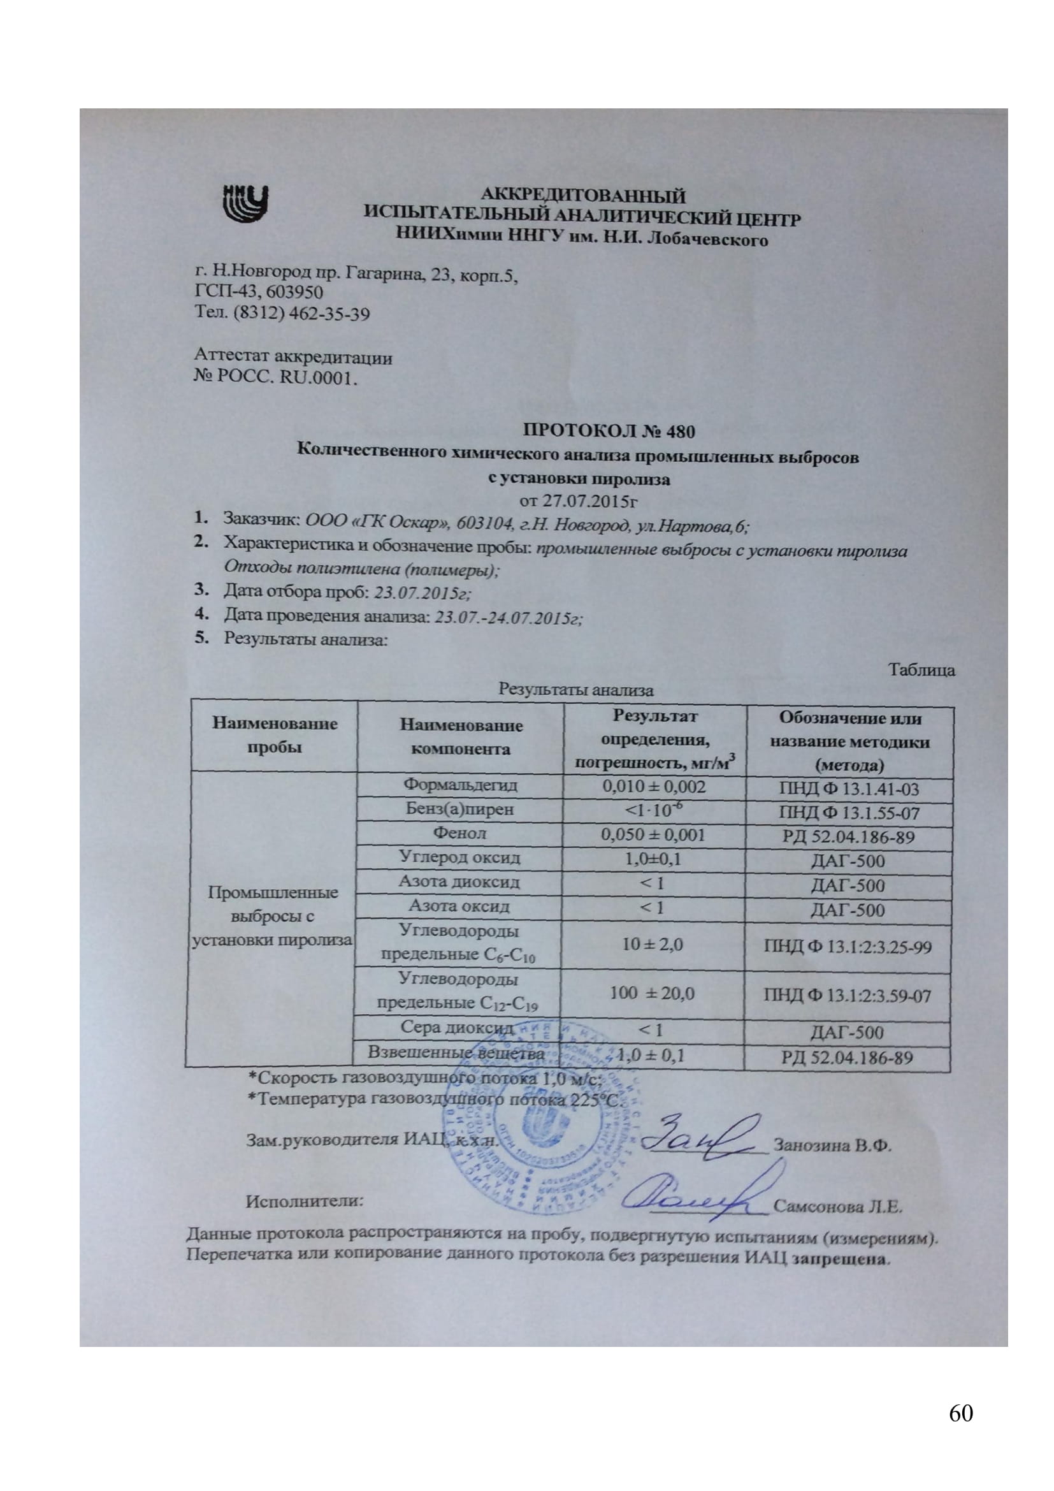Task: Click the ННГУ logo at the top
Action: pos(245,204)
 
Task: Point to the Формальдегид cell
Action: pos(460,785)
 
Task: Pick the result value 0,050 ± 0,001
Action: pos(653,834)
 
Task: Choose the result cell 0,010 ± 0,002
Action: pos(654,787)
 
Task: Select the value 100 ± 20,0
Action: pos(653,993)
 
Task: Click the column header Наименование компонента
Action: pos(460,736)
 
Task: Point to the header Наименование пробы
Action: pos(275,735)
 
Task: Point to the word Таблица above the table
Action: pos(921,670)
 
